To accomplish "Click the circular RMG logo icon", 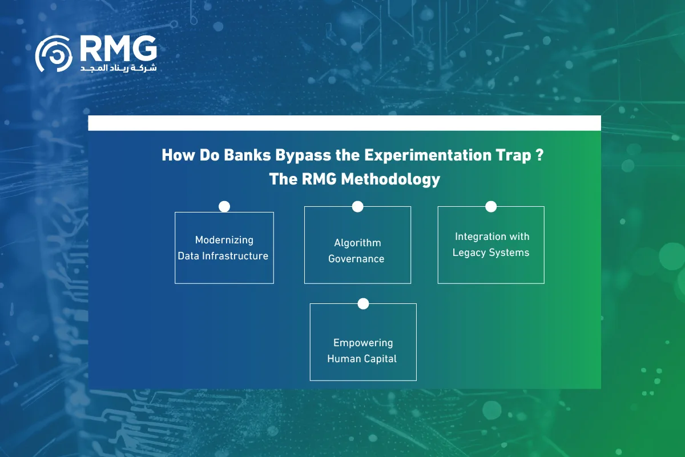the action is (x=54, y=54).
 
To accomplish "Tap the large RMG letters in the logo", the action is (x=119, y=49).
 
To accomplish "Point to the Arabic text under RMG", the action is (x=119, y=68).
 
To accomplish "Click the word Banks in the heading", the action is (x=247, y=155).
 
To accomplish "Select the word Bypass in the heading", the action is (x=303, y=155).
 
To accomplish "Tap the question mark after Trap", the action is (x=539, y=155).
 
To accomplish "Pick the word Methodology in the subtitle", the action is (x=390, y=179).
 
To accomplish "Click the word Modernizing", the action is (x=224, y=240).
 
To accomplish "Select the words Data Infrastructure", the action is (x=223, y=256).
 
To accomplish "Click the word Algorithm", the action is (x=357, y=243).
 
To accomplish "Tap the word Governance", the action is (x=356, y=259).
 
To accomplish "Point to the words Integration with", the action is (x=492, y=236).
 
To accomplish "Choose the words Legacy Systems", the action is (x=491, y=252).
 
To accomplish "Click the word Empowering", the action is (x=363, y=343).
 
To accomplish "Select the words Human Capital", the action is (x=362, y=359).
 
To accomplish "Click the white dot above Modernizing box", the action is (x=224, y=207).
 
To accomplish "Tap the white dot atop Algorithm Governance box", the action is (x=357, y=207).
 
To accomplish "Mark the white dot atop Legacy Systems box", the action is (x=491, y=207).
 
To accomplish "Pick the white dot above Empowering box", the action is (x=363, y=304).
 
